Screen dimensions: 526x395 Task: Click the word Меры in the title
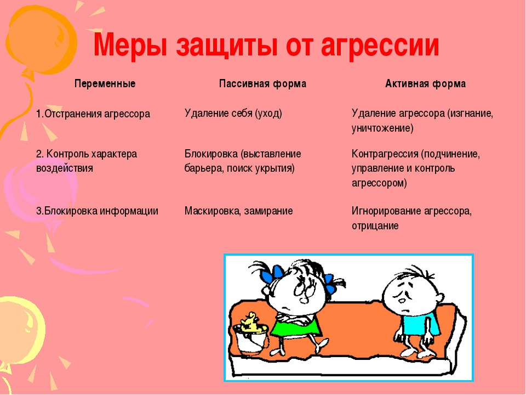130,45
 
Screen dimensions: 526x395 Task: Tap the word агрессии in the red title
380,46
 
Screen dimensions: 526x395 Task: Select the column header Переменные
105,83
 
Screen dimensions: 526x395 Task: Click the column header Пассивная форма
262,83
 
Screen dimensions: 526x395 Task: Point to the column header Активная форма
425,83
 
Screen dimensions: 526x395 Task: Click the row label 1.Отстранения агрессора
93,114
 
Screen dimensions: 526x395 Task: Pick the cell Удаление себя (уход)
233,113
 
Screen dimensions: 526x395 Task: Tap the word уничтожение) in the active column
382,128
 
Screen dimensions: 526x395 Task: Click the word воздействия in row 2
65,168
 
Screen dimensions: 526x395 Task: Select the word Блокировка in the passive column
211,154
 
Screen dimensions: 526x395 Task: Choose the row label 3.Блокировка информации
97,211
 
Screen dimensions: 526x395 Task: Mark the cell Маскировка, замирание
238,211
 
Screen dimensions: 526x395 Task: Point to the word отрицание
375,225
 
